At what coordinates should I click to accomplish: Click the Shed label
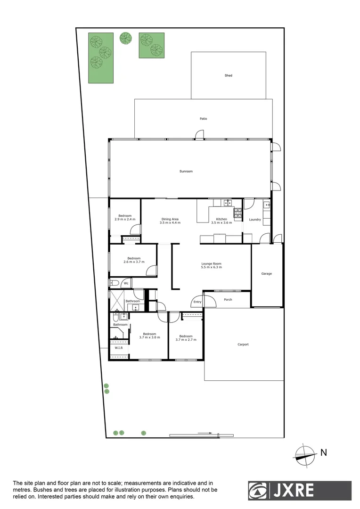pos(229,75)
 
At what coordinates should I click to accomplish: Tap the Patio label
pos(203,119)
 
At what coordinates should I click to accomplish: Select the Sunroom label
pos(186,171)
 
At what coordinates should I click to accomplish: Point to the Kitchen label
pos(221,219)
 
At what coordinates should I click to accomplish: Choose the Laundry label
pos(255,219)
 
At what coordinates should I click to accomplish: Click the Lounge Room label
pos(211,264)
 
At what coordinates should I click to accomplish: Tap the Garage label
pos(267,273)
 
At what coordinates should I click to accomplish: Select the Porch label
pos(228,299)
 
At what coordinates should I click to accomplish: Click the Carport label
pos(243,345)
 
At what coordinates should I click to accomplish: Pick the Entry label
pos(197,302)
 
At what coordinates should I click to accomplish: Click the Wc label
pos(126,283)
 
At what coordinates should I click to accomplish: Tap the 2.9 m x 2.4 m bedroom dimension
pos(125,219)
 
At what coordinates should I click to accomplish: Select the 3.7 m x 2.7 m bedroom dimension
pos(186,339)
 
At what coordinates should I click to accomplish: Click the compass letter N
pos(324,453)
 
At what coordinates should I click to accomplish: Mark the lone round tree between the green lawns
pos(126,38)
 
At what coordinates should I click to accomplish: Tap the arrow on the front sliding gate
pos(204,433)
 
